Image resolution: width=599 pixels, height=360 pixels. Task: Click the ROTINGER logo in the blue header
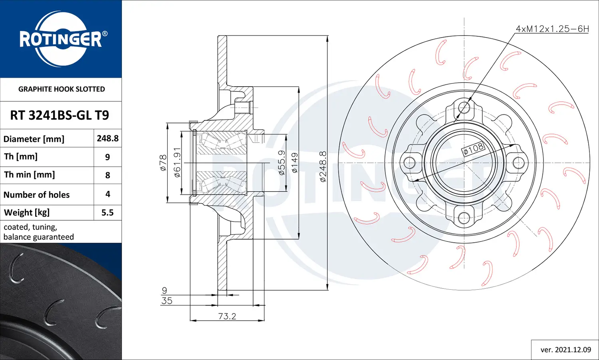[x=61, y=39]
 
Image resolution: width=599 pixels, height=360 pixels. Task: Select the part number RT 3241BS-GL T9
[x=60, y=115]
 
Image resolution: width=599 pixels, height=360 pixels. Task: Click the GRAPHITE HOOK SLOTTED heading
[x=61, y=89]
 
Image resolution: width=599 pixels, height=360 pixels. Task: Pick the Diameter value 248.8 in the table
[x=107, y=138]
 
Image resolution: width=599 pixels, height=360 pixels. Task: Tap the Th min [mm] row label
[x=30, y=175]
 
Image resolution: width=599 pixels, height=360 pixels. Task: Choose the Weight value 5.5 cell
[x=107, y=213]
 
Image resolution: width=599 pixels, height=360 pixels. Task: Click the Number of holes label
[x=36, y=195]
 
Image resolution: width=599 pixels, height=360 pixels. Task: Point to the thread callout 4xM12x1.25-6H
[x=552, y=29]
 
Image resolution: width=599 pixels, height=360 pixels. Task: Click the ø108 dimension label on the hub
[x=473, y=149]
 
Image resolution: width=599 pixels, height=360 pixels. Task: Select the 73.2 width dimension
[x=227, y=316]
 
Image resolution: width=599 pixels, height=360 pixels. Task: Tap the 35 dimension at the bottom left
[x=167, y=301]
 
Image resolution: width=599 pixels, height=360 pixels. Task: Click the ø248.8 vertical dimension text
[x=323, y=166]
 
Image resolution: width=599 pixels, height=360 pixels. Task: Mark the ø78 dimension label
[x=163, y=163]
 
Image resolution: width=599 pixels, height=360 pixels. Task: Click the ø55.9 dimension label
[x=282, y=163]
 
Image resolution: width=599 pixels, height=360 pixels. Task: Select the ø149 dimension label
[x=294, y=163]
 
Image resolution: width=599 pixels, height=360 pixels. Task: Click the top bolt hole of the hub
[x=464, y=107]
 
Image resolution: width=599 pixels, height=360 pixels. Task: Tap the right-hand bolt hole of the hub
[x=518, y=163]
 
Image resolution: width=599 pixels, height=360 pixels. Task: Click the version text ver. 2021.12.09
[x=565, y=350]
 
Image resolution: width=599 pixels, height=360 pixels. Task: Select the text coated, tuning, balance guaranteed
[x=39, y=232]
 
